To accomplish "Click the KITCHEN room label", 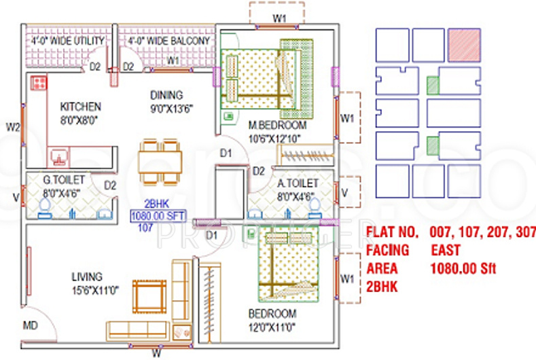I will pyautogui.click(x=80, y=107).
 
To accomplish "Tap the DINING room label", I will pyautogui.click(x=166, y=96).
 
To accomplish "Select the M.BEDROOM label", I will pyautogui.click(x=276, y=126).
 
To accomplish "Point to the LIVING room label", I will pyautogui.click(x=87, y=276).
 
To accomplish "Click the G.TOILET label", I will pyautogui.click(x=64, y=179).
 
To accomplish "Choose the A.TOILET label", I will pyautogui.click(x=298, y=183).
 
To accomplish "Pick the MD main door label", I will pyautogui.click(x=31, y=325).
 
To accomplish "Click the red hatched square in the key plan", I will pyautogui.click(x=464, y=45).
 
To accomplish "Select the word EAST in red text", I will pyautogui.click(x=445, y=251).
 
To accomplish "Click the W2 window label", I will pyautogui.click(x=13, y=126).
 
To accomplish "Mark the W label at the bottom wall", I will pyautogui.click(x=156, y=353).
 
